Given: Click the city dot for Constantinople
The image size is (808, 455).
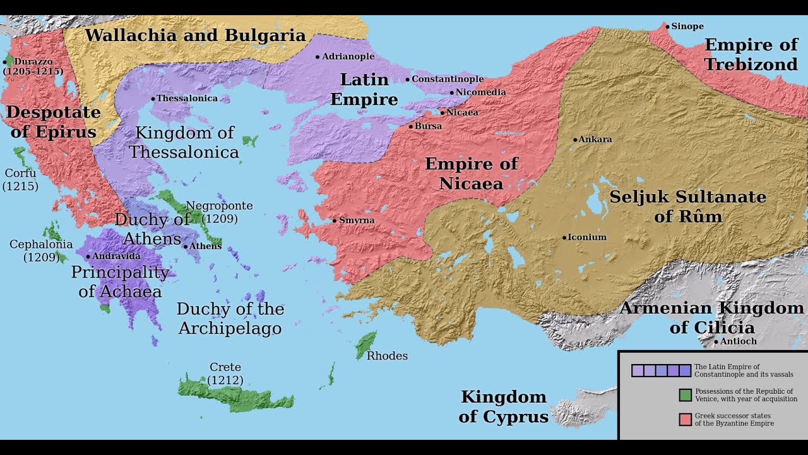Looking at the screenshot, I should pyautogui.click(x=407, y=80).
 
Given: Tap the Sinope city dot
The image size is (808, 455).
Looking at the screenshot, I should pyautogui.click(x=667, y=27).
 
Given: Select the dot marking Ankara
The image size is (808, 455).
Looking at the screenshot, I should pyautogui.click(x=575, y=140).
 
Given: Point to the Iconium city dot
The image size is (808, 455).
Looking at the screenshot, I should pyautogui.click(x=564, y=238).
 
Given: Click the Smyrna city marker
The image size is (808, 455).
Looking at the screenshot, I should pyautogui.click(x=335, y=221).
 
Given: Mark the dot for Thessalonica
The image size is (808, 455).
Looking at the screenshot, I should pyautogui.click(x=153, y=99).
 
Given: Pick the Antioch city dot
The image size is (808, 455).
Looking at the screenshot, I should pyautogui.click(x=716, y=342).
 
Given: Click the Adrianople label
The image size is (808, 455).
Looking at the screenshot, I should pyautogui.click(x=348, y=56).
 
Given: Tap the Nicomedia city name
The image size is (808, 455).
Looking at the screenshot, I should pyautogui.click(x=480, y=92).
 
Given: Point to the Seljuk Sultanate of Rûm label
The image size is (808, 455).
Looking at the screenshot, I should pyautogui.click(x=687, y=206).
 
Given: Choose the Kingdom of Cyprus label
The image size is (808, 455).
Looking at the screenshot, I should pyautogui.click(x=503, y=406).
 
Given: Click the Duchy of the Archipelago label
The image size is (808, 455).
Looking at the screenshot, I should pyautogui.click(x=230, y=318).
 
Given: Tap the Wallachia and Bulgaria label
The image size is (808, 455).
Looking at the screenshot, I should pyautogui.click(x=195, y=35).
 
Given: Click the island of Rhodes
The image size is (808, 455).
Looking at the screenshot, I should pyautogui.click(x=365, y=345).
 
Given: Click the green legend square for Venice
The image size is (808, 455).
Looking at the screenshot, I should pyautogui.click(x=685, y=395).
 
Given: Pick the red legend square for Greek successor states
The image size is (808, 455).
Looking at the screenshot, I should pyautogui.click(x=685, y=419).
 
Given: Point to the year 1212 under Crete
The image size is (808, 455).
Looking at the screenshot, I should pyautogui.click(x=225, y=380).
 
